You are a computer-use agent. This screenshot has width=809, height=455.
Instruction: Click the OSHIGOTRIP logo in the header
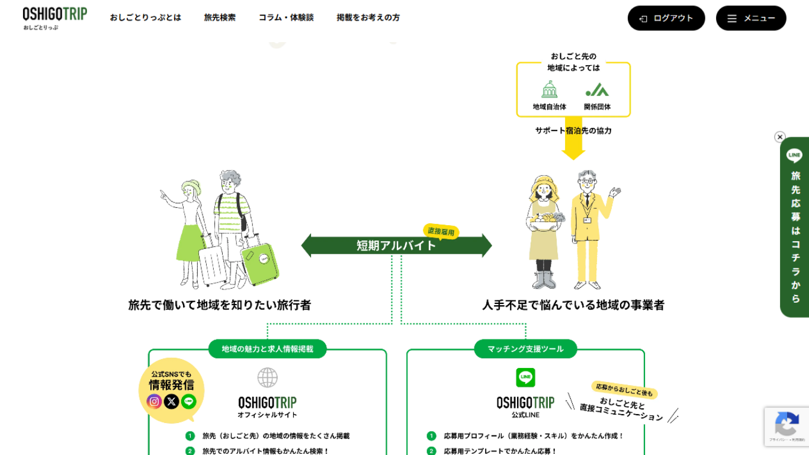(54, 18)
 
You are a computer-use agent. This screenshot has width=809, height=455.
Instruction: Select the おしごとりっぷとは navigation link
(145, 18)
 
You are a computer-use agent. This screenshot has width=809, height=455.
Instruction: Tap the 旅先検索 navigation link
(220, 18)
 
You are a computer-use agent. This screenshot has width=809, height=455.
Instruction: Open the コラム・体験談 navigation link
(286, 18)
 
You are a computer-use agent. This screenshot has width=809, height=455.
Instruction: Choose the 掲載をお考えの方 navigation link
(368, 18)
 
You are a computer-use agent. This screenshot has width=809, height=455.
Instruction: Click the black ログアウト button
(666, 18)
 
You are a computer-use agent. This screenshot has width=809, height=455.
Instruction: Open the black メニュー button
(751, 18)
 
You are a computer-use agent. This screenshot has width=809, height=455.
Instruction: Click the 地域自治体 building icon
(550, 90)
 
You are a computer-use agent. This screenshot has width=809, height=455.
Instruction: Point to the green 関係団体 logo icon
(597, 90)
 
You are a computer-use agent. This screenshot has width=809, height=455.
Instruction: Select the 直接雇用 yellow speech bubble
(441, 232)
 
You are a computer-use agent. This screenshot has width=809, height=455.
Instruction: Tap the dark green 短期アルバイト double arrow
(396, 245)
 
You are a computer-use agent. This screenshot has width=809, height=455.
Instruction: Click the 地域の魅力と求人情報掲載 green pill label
(268, 349)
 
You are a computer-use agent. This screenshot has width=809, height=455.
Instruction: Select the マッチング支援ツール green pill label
(525, 349)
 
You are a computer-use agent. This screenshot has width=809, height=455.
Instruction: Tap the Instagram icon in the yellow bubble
(154, 402)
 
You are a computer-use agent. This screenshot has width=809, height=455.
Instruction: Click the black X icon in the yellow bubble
(172, 402)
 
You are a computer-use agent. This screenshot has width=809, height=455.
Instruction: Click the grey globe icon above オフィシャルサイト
(268, 377)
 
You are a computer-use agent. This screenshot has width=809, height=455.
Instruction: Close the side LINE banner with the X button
(780, 137)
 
